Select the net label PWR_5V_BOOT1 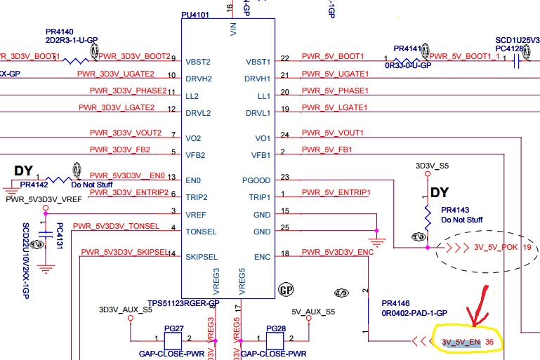(x=333, y=57)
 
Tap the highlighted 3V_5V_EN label (x=461, y=342)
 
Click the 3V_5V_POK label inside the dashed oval (x=496, y=247)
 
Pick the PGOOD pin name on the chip (x=257, y=180)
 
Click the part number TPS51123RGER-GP (x=184, y=303)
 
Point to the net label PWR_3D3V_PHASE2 (x=128, y=91)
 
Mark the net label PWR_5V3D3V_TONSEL (x=117, y=226)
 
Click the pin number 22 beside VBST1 (x=284, y=58)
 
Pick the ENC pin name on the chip (x=262, y=258)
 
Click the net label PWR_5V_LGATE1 (x=335, y=108)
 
